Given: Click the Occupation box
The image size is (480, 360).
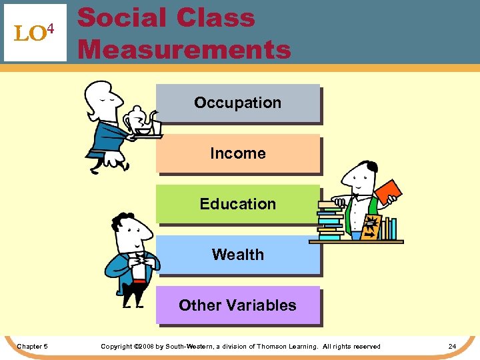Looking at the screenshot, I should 237,103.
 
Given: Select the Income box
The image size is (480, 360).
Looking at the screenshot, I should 237,153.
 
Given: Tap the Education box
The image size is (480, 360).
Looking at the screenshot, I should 237,204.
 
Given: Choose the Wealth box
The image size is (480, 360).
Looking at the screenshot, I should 237,255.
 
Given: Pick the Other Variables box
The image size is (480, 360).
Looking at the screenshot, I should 237,305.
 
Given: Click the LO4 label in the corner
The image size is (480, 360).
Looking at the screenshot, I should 35,33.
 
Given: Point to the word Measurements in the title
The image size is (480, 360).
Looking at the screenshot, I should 185,49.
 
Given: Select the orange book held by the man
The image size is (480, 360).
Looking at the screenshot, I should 388,191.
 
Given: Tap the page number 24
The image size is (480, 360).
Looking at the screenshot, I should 452,347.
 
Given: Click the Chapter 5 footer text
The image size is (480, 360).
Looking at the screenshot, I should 32,347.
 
